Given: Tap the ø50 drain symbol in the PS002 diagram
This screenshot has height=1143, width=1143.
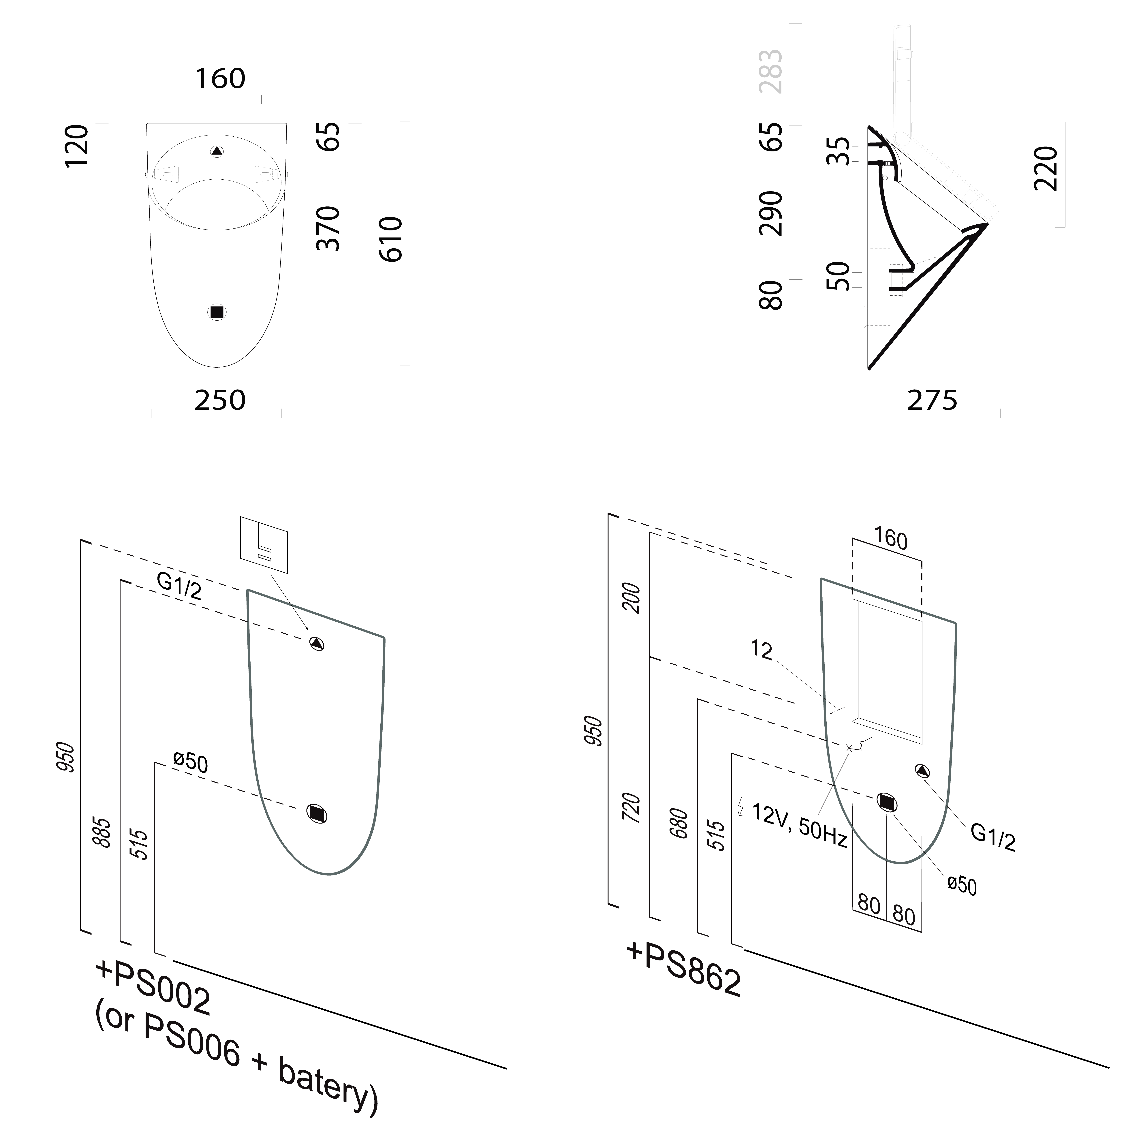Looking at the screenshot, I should pos(317,814).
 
